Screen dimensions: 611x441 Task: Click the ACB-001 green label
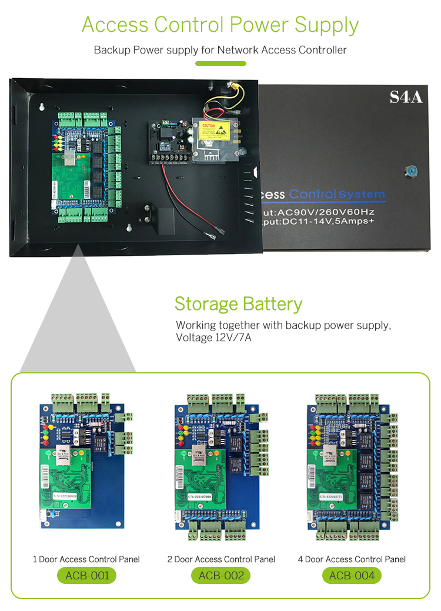(x=86, y=575)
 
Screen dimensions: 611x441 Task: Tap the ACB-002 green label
(x=221, y=575)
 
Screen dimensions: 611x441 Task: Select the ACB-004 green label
(x=352, y=575)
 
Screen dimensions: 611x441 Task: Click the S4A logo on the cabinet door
(x=406, y=97)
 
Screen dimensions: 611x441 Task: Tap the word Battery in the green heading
(x=272, y=304)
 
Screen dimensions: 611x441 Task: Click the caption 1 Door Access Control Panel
(x=86, y=559)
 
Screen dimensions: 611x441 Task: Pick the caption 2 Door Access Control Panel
(x=221, y=559)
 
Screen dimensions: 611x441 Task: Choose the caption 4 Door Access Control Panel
(x=352, y=559)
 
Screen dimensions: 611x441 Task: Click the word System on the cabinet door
(x=363, y=194)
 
